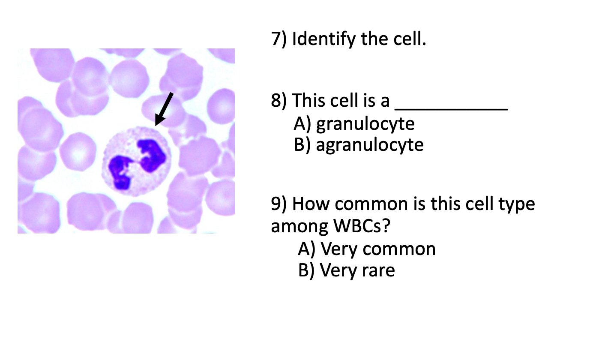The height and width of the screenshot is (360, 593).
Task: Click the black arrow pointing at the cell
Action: point(164,109)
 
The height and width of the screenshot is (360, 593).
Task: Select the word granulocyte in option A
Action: point(365,124)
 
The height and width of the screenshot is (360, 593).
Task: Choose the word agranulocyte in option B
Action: point(370,145)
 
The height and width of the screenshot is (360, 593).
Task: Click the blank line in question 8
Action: point(451,107)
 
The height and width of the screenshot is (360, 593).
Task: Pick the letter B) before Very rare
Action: point(307,270)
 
